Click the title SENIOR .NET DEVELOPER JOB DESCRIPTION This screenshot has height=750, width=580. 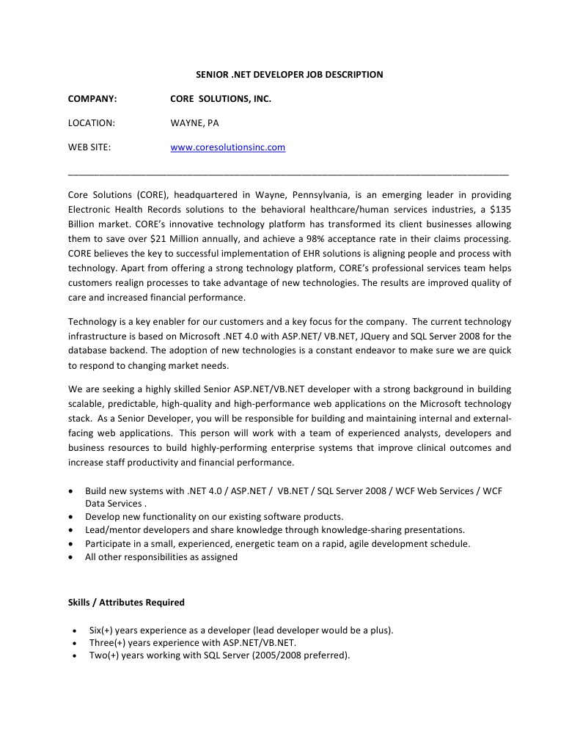pyautogui.click(x=289, y=75)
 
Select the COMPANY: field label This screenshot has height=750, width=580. pyautogui.click(x=92, y=99)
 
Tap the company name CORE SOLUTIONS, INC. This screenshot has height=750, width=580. pyautogui.click(x=221, y=99)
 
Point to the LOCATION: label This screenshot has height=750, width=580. pyautogui.click(x=92, y=123)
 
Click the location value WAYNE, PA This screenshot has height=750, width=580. pyautogui.click(x=194, y=123)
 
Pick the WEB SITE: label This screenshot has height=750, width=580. pyautogui.click(x=89, y=147)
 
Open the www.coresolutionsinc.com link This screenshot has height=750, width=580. pyautogui.click(x=228, y=147)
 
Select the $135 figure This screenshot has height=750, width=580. pyautogui.click(x=499, y=210)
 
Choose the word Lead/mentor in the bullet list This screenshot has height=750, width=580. pyautogui.click(x=109, y=530)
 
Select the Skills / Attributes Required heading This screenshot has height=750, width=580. pyautogui.click(x=126, y=603)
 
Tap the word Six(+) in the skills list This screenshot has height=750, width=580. pyautogui.click(x=102, y=630)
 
